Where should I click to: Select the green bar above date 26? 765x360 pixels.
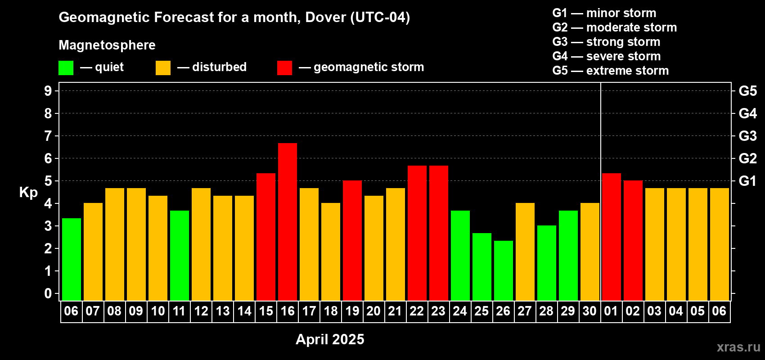coord(504,270)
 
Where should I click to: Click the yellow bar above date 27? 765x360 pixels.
coord(525,252)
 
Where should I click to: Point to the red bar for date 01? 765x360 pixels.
coord(612,237)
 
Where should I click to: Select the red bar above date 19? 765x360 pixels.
coord(352,240)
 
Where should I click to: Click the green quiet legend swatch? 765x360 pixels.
coord(66,68)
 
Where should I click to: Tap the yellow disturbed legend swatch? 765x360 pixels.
coord(163,68)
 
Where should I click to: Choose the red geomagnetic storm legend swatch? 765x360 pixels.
coord(284,68)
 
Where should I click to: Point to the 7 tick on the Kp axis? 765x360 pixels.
coord(48,136)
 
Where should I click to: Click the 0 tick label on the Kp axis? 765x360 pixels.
coord(48,294)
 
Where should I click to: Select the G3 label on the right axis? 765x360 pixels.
coord(747,136)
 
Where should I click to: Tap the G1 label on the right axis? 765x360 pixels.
coord(747,181)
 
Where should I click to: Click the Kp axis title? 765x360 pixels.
coord(28,193)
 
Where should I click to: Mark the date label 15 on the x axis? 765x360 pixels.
coord(266,311)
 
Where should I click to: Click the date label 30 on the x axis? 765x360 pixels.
coord(589,311)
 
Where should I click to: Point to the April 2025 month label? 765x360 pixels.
coord(330,339)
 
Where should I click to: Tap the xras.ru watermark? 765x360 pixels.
coord(738,347)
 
